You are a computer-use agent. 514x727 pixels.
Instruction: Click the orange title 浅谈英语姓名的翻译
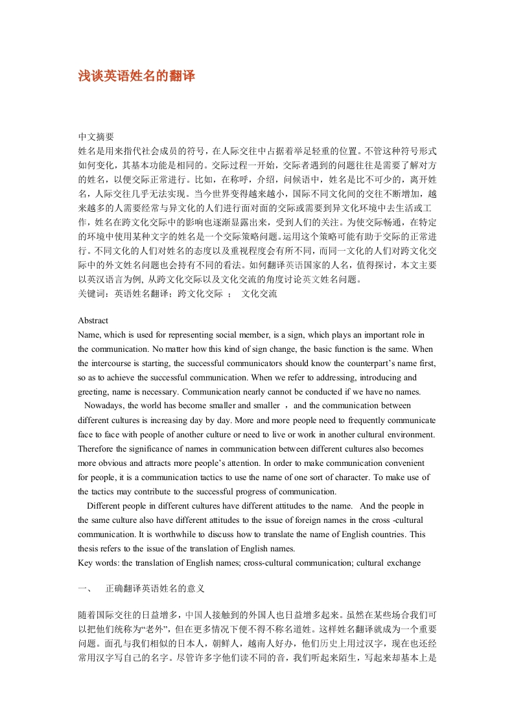pos(136,76)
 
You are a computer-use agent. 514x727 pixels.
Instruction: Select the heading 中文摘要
pos(96,137)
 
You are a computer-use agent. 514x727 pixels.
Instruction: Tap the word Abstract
pos(93,321)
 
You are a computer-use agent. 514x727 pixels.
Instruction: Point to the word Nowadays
pos(105,406)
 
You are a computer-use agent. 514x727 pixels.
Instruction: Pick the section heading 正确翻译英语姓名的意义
pos(156,589)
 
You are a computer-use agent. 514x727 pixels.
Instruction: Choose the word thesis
pos(89,548)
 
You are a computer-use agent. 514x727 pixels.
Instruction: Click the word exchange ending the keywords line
pos(403,562)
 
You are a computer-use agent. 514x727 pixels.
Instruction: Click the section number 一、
pos(84,589)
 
